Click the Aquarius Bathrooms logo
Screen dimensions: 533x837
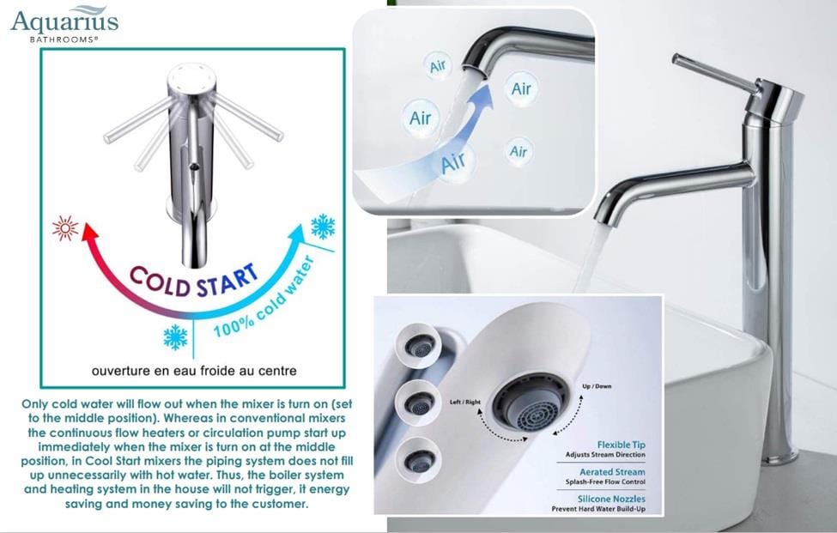[64, 23]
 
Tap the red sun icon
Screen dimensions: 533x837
[65, 228]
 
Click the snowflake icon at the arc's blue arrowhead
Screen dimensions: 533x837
[323, 227]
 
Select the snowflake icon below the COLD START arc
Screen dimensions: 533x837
[175, 336]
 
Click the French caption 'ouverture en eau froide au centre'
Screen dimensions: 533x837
[194, 372]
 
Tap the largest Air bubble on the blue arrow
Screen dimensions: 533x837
[452, 161]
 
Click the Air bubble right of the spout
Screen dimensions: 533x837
[521, 88]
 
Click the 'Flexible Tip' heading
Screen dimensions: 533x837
[622, 445]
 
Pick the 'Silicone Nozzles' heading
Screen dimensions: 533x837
[611, 499]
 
